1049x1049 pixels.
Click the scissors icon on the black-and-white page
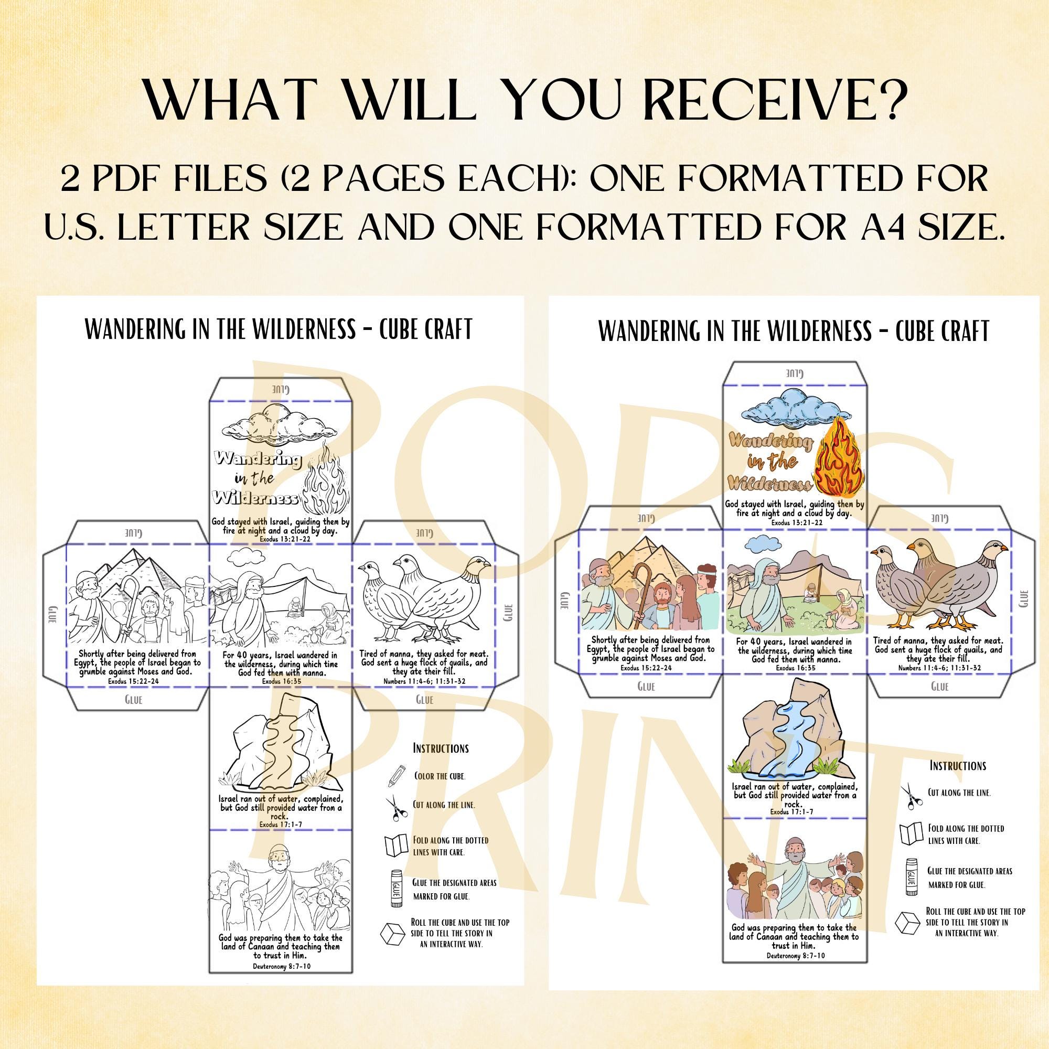click(397, 807)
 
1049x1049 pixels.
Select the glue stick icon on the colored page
click(912, 876)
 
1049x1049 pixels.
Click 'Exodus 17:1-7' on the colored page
click(791, 812)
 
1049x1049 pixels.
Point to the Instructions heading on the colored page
click(957, 766)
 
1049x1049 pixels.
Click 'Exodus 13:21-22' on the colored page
click(796, 522)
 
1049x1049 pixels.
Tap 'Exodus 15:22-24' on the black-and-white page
click(134, 680)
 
